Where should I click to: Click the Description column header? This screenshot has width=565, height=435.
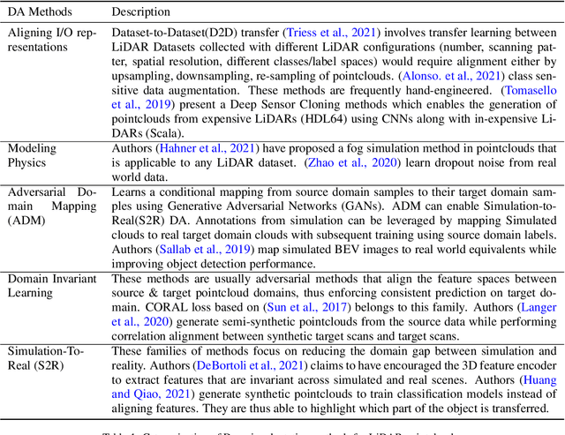pos(141,12)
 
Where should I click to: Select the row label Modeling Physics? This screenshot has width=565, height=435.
pos(33,156)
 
